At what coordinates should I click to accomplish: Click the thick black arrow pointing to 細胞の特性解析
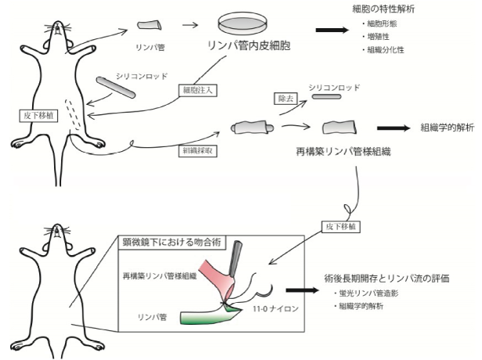(x=330, y=31)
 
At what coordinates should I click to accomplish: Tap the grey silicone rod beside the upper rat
(x=117, y=86)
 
